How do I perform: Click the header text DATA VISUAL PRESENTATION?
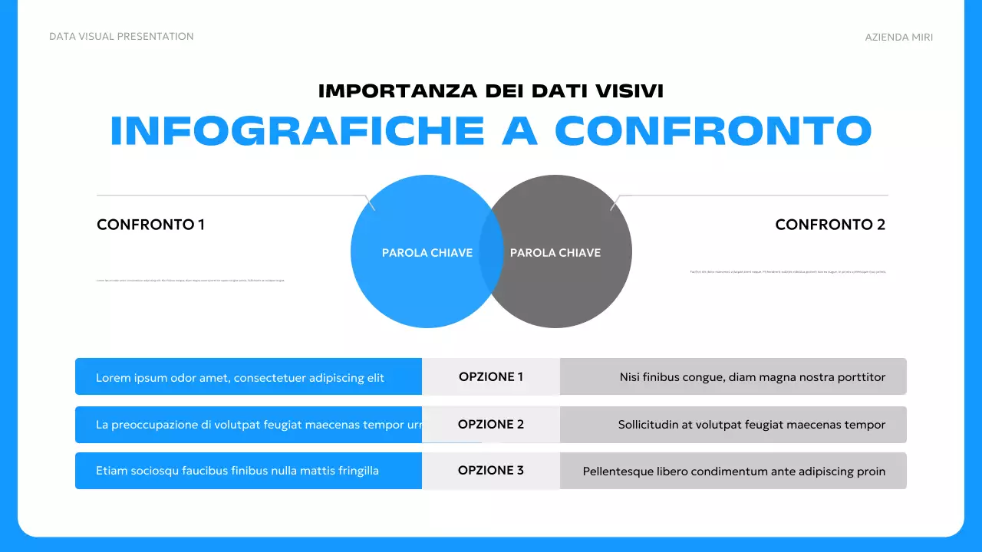click(121, 37)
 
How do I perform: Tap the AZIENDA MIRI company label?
click(898, 38)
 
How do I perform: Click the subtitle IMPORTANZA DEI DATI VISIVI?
click(491, 90)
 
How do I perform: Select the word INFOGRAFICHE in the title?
click(298, 131)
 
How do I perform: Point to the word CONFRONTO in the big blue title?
click(713, 131)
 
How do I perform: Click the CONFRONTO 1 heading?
click(150, 225)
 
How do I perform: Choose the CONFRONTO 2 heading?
click(830, 225)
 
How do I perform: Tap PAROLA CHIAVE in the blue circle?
click(427, 253)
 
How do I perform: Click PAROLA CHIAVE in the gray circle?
click(555, 253)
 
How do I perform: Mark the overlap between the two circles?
click(491, 251)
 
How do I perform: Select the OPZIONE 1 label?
click(491, 376)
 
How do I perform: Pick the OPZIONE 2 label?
click(491, 424)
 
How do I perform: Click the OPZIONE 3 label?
click(491, 470)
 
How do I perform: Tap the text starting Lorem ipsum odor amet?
click(240, 377)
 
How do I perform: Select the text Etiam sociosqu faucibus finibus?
click(237, 471)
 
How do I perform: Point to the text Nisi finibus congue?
click(753, 377)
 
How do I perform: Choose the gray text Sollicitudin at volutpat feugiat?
click(752, 425)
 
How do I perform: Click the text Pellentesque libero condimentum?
click(734, 472)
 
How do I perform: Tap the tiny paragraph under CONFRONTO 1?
click(190, 281)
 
